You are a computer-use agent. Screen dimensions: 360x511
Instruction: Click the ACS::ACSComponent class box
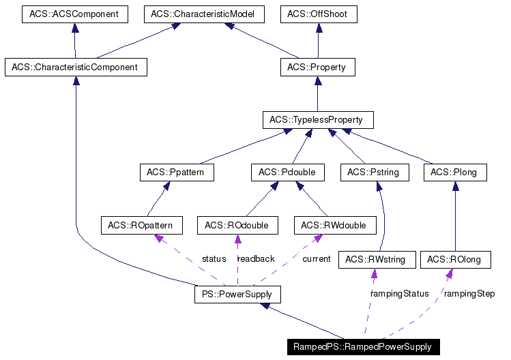(74, 14)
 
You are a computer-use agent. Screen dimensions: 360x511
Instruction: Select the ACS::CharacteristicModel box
(204, 14)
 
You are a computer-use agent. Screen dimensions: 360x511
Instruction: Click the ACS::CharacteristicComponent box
(75, 67)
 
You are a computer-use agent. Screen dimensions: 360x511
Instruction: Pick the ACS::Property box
(317, 67)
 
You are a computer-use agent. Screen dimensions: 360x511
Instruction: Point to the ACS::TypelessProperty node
(317, 120)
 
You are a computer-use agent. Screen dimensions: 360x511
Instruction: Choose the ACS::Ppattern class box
(176, 172)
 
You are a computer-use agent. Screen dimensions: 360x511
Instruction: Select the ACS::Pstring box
(375, 172)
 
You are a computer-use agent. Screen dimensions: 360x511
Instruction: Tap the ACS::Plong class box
(454, 172)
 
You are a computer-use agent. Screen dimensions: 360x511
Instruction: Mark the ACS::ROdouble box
(237, 225)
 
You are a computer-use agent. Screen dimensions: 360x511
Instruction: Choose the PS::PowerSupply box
(237, 295)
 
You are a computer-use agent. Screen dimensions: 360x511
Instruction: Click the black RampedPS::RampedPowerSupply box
(363, 347)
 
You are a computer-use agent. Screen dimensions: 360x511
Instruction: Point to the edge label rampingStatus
(400, 294)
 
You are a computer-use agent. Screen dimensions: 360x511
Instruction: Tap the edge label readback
(256, 259)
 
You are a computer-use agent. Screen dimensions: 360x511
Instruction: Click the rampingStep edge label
(469, 294)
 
